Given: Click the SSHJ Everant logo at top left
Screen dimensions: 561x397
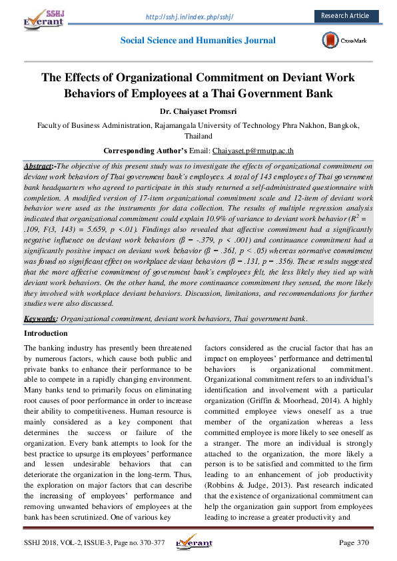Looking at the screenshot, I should (45, 17).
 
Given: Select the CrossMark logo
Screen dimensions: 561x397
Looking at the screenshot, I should (343, 40).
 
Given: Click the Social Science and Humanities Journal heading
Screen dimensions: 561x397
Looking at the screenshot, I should (198, 40).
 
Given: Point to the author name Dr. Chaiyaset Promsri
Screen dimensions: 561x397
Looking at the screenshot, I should (198, 111).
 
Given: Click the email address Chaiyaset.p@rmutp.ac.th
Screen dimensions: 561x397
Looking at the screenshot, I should (253, 151).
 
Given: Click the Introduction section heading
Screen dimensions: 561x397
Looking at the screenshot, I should (45, 333).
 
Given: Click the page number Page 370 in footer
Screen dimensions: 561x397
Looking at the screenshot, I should (354, 543).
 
